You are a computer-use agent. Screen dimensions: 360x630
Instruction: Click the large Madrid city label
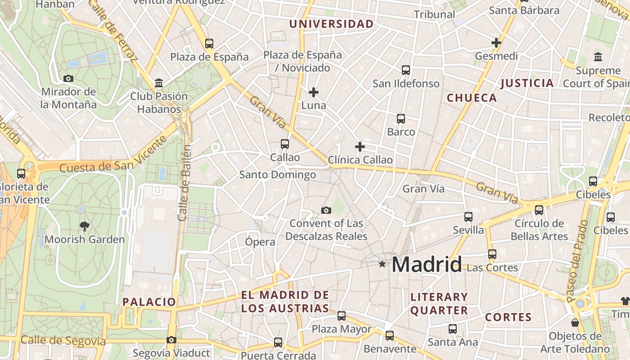pyautogui.click(x=427, y=264)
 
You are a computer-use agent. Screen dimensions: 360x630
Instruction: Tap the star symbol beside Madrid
pyautogui.click(x=382, y=264)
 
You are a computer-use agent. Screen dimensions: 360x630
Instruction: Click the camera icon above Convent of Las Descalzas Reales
pyautogui.click(x=326, y=210)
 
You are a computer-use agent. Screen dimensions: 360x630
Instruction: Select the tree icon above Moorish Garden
pyautogui.click(x=84, y=226)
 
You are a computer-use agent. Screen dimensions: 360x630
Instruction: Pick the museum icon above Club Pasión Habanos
pyautogui.click(x=158, y=83)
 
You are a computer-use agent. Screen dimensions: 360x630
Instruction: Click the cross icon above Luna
pyautogui.click(x=314, y=92)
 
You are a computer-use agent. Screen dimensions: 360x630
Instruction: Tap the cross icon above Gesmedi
pyautogui.click(x=496, y=43)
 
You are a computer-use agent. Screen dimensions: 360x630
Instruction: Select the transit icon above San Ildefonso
pyautogui.click(x=406, y=70)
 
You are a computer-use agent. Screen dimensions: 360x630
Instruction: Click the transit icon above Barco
pyautogui.click(x=401, y=119)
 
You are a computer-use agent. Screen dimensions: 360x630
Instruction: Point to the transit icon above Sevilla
pyautogui.click(x=468, y=217)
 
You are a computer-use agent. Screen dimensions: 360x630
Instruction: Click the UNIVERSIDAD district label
pyautogui.click(x=331, y=24)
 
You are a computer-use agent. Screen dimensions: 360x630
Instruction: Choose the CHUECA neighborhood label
pyautogui.click(x=472, y=98)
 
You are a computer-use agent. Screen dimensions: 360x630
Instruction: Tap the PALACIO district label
pyautogui.click(x=149, y=301)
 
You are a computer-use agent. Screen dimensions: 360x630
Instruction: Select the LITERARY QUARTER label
pyautogui.click(x=439, y=303)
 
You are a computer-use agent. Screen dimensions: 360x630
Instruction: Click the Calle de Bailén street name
pyautogui.click(x=184, y=182)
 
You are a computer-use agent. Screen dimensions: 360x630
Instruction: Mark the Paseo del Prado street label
pyautogui.click(x=577, y=261)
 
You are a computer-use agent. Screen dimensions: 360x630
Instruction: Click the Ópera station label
pyautogui.click(x=260, y=242)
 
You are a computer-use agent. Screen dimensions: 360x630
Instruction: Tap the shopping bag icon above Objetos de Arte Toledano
pyautogui.click(x=575, y=323)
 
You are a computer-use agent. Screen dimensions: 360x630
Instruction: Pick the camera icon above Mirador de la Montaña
pyautogui.click(x=68, y=78)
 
